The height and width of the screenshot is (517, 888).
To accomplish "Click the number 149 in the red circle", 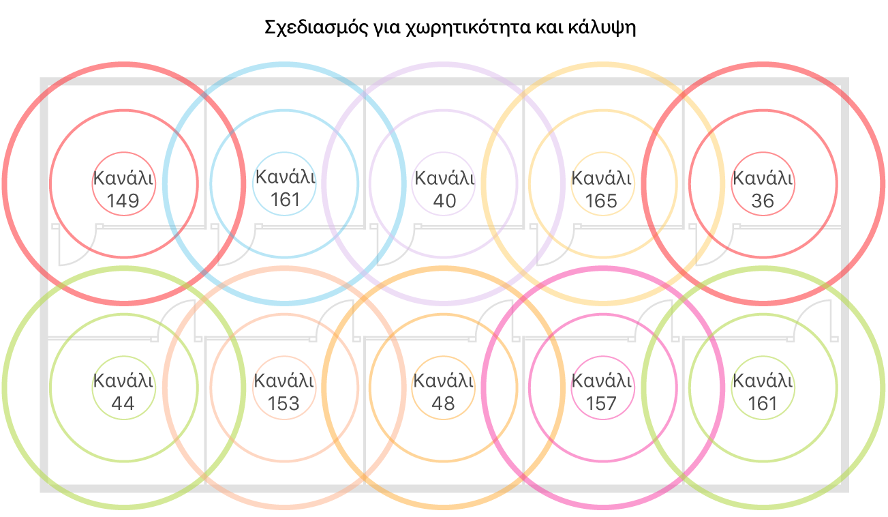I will click(x=123, y=201).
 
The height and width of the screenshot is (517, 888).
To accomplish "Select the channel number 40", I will click(x=444, y=201).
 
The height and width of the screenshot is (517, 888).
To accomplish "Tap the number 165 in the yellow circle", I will click(x=602, y=201).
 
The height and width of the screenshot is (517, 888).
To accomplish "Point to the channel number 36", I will click(x=762, y=201).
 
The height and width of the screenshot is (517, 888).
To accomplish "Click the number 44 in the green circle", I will click(x=123, y=404).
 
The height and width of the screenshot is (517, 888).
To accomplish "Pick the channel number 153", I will click(x=284, y=404).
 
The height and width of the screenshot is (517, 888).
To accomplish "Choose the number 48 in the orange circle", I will click(x=444, y=404).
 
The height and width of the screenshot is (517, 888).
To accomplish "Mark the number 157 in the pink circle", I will click(x=602, y=404).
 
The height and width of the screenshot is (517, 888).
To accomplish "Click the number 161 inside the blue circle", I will click(x=285, y=200).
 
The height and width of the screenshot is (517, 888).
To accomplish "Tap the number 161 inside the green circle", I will click(x=762, y=404).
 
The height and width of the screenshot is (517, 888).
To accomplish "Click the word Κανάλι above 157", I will click(x=602, y=381).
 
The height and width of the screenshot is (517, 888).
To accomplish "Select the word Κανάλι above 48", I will click(x=444, y=381).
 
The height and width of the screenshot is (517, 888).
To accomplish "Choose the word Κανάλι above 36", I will click(x=762, y=179).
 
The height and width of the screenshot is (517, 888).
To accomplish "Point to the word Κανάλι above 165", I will click(x=602, y=179).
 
